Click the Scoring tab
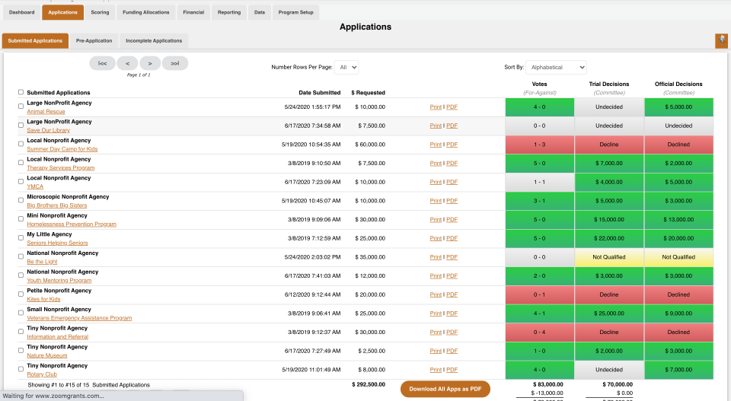pyautogui.click(x=100, y=12)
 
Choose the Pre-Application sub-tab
pyautogui.click(x=94, y=40)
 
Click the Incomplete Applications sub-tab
pyautogui.click(x=154, y=40)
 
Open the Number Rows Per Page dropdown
pyautogui.click(x=346, y=67)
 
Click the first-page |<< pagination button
pyautogui.click(x=102, y=63)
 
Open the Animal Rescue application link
pyautogui.click(x=46, y=112)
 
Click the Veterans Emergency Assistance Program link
pyautogui.click(x=79, y=318)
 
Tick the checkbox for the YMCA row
pyautogui.click(x=21, y=181)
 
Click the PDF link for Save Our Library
pyautogui.click(x=452, y=126)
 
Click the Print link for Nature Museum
pyautogui.click(x=436, y=351)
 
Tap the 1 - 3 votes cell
pyautogui.click(x=539, y=145)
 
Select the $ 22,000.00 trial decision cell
pyautogui.click(x=608, y=238)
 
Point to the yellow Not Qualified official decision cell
pyautogui.click(x=678, y=257)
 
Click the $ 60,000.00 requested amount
pyautogui.click(x=370, y=145)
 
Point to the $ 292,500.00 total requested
pyautogui.click(x=369, y=384)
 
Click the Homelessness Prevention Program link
pyautogui.click(x=72, y=224)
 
